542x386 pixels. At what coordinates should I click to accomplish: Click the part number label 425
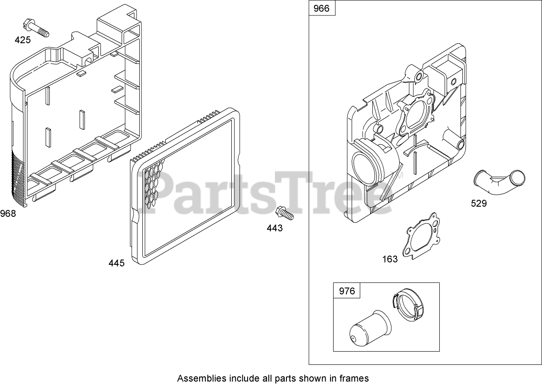coord(23,40)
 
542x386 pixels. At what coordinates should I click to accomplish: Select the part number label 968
coord(8,214)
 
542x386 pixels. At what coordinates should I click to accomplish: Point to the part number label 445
coord(117,263)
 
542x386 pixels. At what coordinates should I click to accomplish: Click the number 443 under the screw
coord(275,228)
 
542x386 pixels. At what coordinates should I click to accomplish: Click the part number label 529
coord(479,203)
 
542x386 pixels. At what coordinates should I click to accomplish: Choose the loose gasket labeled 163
coord(422,237)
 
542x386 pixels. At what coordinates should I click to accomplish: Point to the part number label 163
coord(390,259)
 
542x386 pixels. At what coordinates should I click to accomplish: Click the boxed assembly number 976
coord(347,291)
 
